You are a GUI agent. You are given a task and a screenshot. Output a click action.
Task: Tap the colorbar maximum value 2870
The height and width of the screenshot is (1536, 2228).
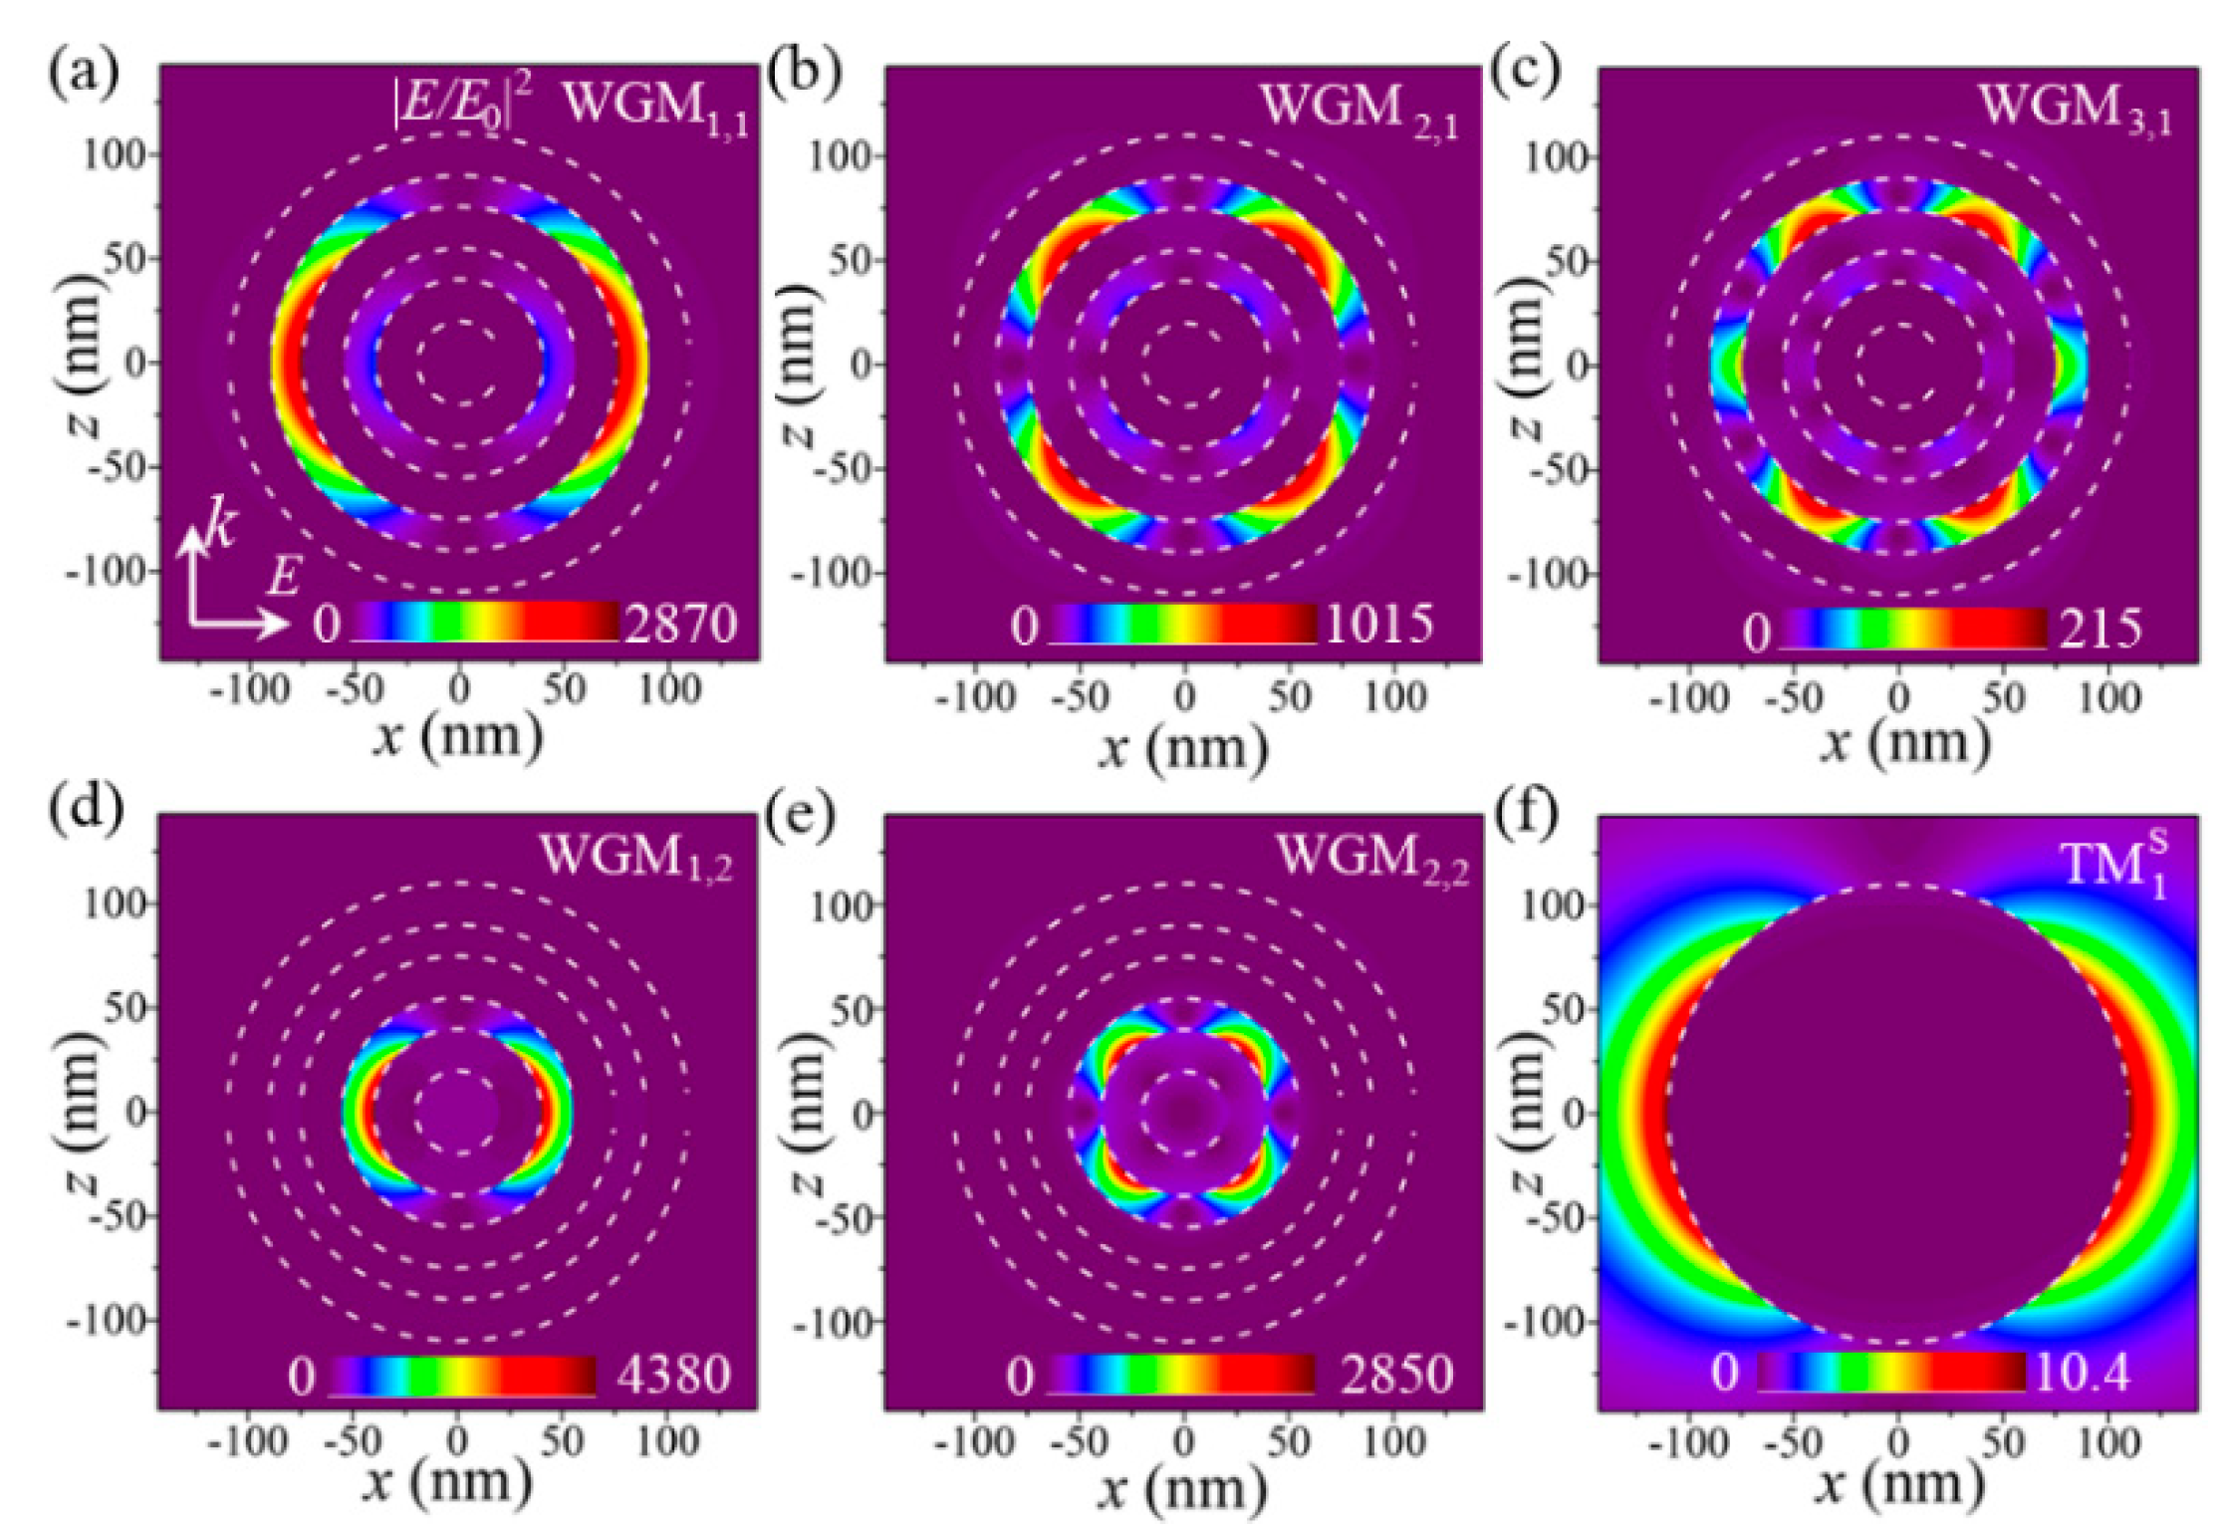(680, 625)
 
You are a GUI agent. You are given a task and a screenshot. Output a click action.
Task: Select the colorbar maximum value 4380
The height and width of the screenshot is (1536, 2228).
(673, 1375)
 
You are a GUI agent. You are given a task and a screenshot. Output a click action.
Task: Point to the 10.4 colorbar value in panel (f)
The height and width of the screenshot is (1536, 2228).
(2082, 1374)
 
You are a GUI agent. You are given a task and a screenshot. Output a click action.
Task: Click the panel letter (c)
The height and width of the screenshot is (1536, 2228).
(1524, 73)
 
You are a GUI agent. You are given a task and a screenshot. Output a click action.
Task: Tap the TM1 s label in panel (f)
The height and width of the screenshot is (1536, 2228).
(2113, 863)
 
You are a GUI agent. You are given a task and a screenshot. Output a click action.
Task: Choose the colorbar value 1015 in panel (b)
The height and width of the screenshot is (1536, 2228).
(1378, 625)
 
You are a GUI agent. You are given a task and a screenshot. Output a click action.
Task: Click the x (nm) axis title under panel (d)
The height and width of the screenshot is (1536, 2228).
(447, 1481)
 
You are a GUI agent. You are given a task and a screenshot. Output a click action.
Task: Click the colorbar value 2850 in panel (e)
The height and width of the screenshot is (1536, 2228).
(1396, 1375)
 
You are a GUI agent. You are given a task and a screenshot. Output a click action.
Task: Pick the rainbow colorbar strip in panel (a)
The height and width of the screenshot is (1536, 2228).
(485, 622)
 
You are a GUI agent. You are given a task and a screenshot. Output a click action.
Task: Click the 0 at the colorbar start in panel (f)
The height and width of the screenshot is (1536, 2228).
(1725, 1374)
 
